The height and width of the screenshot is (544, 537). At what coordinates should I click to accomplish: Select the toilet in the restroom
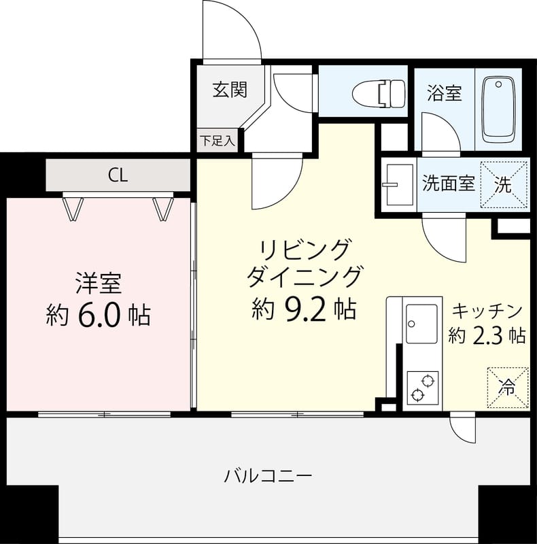[x=380, y=92]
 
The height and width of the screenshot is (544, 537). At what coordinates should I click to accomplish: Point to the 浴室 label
[x=445, y=93]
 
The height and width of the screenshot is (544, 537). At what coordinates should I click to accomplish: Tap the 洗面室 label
[x=449, y=184]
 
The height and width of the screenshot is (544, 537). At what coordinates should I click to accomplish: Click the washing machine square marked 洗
[x=504, y=184]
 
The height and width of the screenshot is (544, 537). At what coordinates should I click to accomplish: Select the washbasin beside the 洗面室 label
[x=398, y=184]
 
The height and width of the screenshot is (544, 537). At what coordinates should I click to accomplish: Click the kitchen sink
[x=421, y=324]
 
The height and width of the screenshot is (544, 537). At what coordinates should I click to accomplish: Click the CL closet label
[x=118, y=175]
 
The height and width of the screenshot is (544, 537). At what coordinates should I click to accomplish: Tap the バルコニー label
[x=268, y=475]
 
